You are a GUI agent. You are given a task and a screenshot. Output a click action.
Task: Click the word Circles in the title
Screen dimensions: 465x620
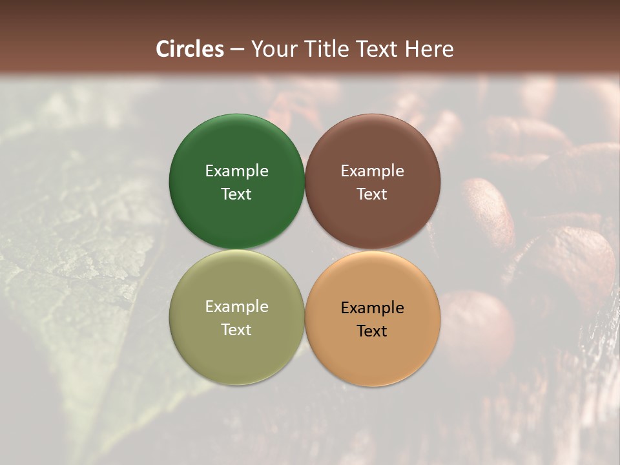coord(190,49)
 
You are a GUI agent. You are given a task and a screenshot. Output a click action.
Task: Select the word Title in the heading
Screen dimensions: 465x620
coord(323,49)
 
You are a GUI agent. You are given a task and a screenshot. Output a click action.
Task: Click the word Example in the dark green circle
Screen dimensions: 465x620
coord(236,170)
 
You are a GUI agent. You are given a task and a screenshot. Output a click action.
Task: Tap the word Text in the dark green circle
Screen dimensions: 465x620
coord(236,194)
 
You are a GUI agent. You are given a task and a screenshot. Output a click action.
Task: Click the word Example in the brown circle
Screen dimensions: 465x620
coord(372,170)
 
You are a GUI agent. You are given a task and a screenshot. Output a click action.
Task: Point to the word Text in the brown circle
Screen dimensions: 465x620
coord(372,194)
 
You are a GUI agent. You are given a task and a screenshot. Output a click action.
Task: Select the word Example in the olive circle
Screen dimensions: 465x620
coord(236,306)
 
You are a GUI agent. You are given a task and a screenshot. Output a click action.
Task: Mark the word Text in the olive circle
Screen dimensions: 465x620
coord(236,329)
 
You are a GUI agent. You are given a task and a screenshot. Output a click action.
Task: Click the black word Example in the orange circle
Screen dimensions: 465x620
coord(372,307)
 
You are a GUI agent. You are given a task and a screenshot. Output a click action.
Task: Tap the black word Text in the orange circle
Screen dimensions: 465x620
coord(372,331)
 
